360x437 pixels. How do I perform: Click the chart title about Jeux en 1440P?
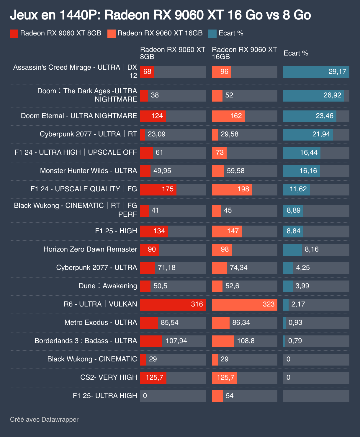(x=160, y=15)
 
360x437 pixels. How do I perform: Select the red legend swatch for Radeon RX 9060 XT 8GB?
(x=14, y=33)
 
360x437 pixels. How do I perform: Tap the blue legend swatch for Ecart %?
(x=212, y=33)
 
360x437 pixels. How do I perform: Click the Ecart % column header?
(x=296, y=53)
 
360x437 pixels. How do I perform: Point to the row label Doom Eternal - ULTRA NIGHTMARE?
(x=79, y=116)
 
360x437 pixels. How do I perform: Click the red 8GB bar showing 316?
(x=173, y=304)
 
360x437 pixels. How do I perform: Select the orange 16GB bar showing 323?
(x=244, y=304)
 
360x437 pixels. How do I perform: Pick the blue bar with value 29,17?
(x=316, y=72)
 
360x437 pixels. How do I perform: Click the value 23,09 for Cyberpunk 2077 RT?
(x=156, y=134)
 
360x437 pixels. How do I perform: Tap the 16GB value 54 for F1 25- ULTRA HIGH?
(x=230, y=396)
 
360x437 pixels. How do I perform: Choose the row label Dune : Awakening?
(x=108, y=286)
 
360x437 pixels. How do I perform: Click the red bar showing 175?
(x=158, y=189)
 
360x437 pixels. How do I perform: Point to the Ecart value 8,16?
(x=312, y=250)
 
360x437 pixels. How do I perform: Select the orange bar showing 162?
(x=228, y=116)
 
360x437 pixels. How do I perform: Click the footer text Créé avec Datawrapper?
(x=44, y=420)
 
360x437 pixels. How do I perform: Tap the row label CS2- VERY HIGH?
(x=109, y=377)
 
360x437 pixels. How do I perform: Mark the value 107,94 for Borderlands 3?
(x=176, y=341)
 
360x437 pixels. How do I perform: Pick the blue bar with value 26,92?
(x=313, y=95)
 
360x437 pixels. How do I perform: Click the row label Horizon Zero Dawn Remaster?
(x=90, y=249)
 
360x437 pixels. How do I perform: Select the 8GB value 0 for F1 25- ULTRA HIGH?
(x=145, y=396)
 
